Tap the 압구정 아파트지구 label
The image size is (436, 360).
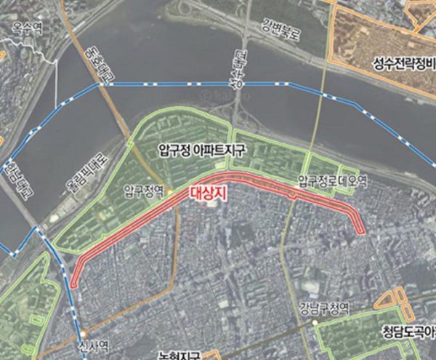(203, 150)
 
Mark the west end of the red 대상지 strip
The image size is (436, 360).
(76, 280)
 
